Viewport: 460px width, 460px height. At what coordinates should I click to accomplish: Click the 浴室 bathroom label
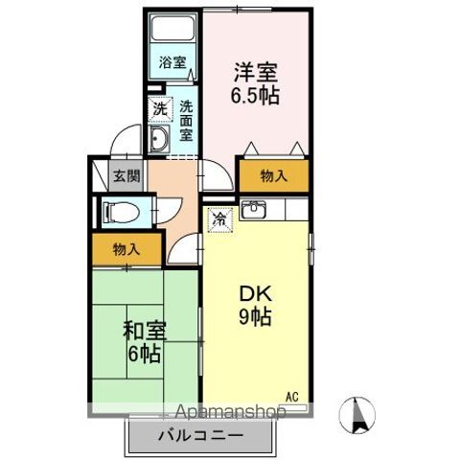coord(172,62)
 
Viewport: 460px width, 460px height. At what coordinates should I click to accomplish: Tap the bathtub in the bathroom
coord(172,28)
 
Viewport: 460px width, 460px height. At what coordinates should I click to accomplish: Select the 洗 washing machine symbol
coord(160,109)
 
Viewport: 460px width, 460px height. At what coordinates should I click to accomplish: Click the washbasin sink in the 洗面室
coord(159,138)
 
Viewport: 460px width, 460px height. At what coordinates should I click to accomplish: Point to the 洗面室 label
coord(186,121)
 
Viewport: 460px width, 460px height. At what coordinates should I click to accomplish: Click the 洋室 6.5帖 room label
coord(255,83)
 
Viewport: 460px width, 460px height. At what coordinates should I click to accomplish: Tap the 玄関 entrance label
coord(126,175)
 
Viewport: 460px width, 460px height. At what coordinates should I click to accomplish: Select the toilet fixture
coord(121,213)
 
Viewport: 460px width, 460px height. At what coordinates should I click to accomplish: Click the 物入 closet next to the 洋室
coord(274,175)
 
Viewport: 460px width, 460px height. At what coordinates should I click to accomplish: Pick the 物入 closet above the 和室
coord(126,249)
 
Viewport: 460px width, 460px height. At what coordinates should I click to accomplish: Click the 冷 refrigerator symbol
coord(220,219)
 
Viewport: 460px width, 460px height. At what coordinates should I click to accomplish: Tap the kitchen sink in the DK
coord(253,209)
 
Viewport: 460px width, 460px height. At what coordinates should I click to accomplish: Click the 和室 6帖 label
coord(144,342)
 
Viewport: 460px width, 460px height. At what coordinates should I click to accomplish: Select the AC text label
coord(292,397)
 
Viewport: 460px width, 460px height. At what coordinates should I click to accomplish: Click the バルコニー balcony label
coord(200,436)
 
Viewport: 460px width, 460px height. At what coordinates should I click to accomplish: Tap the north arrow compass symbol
coord(356,415)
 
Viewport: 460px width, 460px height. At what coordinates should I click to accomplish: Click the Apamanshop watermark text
coord(230,412)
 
